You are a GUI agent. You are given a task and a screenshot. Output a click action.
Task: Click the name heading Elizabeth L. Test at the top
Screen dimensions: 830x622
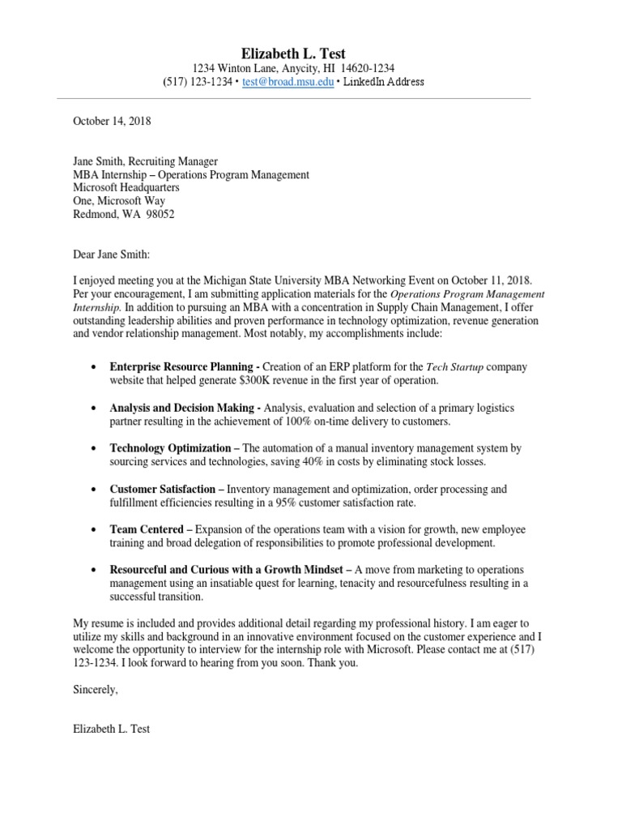click(x=293, y=53)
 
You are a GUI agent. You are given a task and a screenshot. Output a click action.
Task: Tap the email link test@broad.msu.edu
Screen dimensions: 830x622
click(x=288, y=82)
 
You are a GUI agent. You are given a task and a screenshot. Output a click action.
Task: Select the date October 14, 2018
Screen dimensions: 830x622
click(x=112, y=122)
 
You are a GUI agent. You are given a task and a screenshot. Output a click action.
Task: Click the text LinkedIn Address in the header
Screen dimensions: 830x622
click(x=384, y=82)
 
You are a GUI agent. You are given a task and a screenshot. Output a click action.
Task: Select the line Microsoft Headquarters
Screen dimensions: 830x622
click(x=126, y=187)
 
